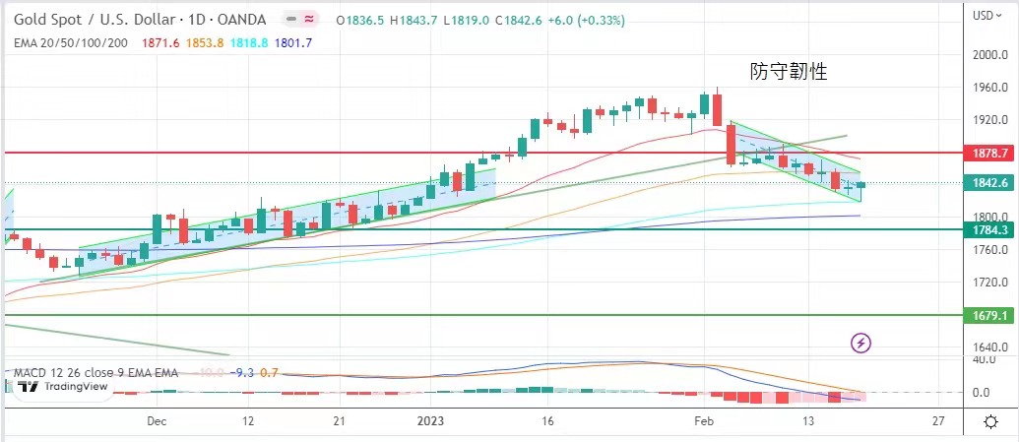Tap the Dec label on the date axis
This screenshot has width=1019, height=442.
[x=156, y=420]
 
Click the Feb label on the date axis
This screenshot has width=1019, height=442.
[x=704, y=420]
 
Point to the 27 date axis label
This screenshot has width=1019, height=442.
[x=938, y=420]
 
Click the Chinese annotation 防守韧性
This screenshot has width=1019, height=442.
[x=787, y=72]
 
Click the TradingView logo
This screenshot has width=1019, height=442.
[x=62, y=386]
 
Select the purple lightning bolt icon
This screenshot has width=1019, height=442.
[x=861, y=343]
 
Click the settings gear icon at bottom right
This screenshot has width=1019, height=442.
[x=990, y=421]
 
